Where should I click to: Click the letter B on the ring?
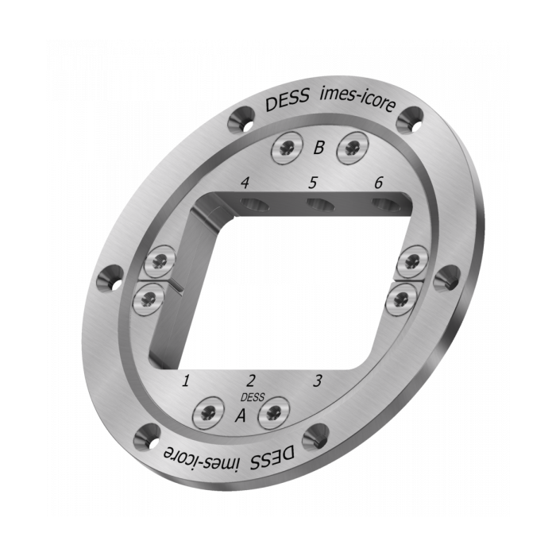pyautogui.click(x=319, y=147)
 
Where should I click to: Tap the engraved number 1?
pyautogui.click(x=186, y=381)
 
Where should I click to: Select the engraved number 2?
pyautogui.click(x=251, y=380)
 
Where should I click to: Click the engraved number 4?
pyautogui.click(x=245, y=183)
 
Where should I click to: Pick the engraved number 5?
pyautogui.click(x=312, y=183)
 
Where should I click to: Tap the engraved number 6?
pyautogui.click(x=378, y=183)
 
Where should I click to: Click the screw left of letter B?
pyautogui.click(x=286, y=147)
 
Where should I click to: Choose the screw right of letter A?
pyautogui.click(x=274, y=411)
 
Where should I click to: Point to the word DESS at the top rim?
pyautogui.click(x=284, y=105)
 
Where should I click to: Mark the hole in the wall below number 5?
pyautogui.click(x=321, y=207)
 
